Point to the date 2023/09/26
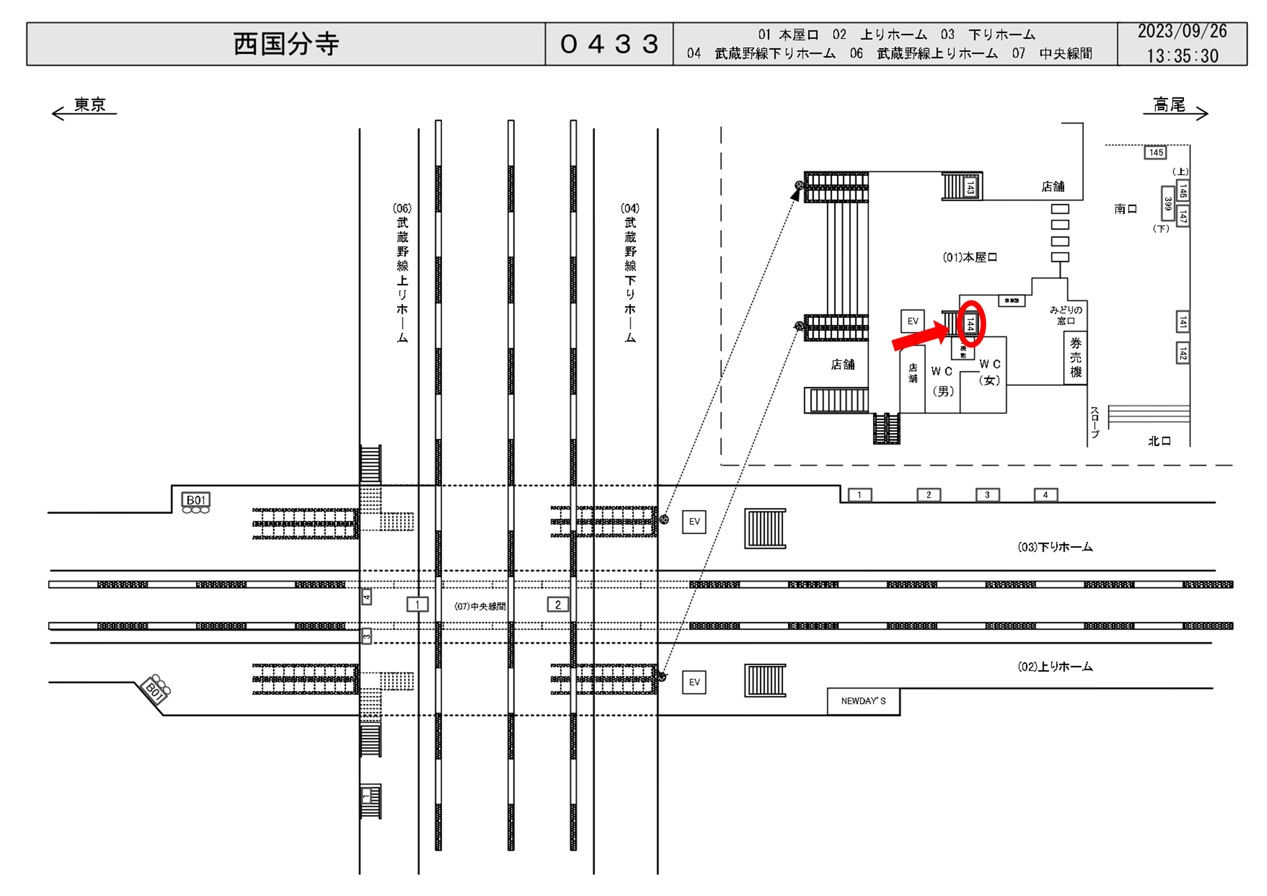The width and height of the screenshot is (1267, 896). (x=1182, y=31)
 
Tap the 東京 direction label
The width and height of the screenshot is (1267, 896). (x=90, y=105)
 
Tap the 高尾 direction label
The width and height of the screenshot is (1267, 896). (x=1169, y=105)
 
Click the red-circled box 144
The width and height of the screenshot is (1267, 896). (x=971, y=324)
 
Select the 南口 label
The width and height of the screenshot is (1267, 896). (x=1125, y=209)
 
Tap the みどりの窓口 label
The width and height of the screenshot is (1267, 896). (x=1066, y=316)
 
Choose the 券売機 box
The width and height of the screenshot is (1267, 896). (x=1075, y=358)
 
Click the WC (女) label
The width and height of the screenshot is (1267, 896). (x=990, y=372)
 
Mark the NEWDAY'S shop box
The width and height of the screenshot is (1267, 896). (x=863, y=701)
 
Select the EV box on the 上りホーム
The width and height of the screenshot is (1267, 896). (x=694, y=682)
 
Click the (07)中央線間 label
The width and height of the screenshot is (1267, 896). (x=480, y=606)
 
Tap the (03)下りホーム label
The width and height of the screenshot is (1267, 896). (x=1055, y=547)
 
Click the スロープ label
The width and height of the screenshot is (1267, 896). (x=1095, y=423)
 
